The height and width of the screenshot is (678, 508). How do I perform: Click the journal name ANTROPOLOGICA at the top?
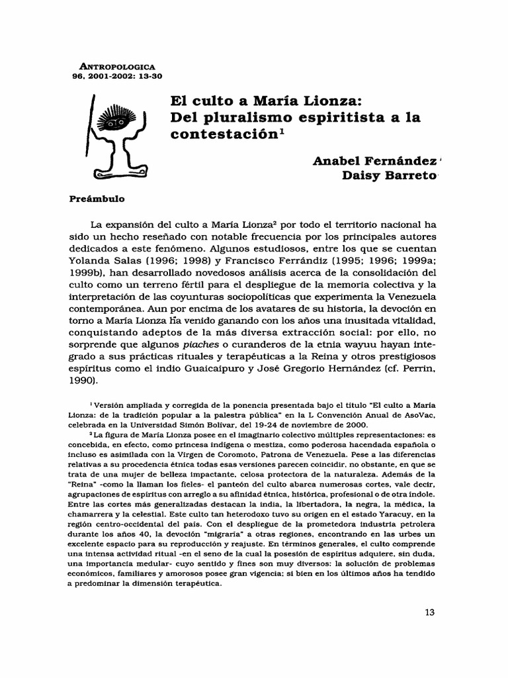tap(117, 67)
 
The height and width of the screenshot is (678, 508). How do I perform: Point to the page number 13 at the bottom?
tap(430, 612)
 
